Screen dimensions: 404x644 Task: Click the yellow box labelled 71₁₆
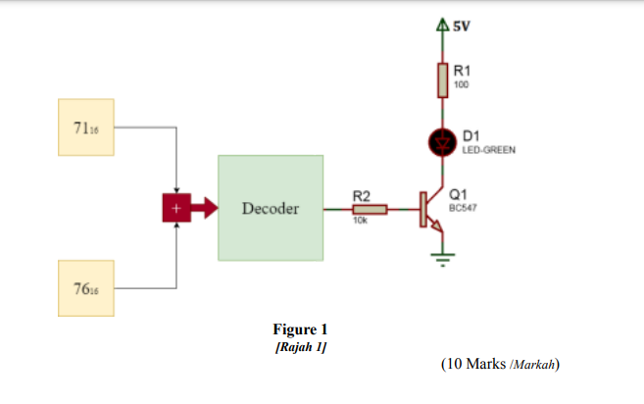(86, 127)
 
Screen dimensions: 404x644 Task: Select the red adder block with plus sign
(176, 208)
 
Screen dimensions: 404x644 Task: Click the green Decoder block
(271, 208)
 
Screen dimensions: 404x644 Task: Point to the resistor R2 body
(370, 209)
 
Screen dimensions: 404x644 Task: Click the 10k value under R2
(360, 221)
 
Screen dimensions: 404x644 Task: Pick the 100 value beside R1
(461, 84)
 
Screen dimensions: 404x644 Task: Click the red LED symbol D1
(442, 143)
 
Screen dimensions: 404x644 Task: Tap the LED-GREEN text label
(488, 150)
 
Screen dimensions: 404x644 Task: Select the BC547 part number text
(463, 209)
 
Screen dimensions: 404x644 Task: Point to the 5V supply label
(461, 25)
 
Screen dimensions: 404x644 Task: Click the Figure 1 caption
(301, 329)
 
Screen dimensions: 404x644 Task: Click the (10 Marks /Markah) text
(500, 364)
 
